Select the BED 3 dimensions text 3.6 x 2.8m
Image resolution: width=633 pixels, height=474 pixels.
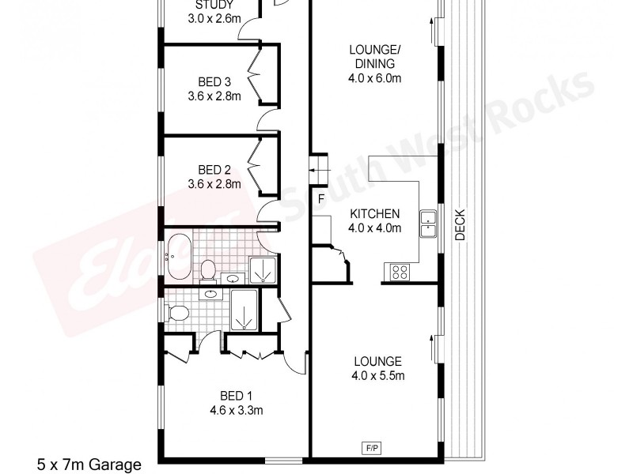click(214, 96)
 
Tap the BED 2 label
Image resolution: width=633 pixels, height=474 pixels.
click(214, 170)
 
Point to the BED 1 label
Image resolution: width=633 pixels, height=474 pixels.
click(236, 396)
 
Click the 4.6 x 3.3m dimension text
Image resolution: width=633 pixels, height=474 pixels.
click(236, 410)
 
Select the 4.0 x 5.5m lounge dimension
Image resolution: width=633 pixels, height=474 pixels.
click(377, 376)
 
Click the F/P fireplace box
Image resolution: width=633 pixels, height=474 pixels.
click(370, 448)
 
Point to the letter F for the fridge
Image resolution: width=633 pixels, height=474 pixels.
click(321, 198)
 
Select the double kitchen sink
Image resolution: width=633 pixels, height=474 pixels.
click(428, 224)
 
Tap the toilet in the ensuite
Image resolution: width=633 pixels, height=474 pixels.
click(177, 313)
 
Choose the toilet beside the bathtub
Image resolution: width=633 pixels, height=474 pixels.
click(208, 269)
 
